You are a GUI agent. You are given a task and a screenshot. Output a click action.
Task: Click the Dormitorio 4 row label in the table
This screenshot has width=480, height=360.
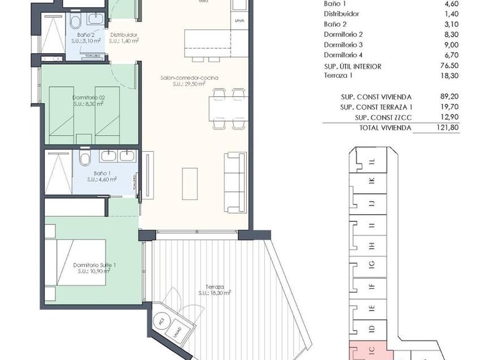(x=343, y=56)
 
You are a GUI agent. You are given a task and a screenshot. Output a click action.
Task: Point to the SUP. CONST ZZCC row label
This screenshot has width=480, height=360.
(x=382, y=117)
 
